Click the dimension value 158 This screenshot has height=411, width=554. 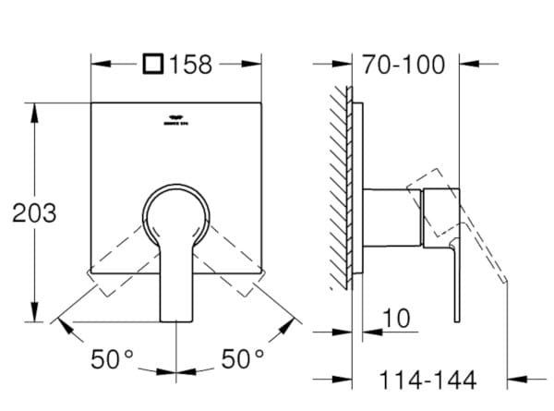(192, 65)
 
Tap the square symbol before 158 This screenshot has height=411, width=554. (154, 65)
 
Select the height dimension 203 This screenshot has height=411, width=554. (34, 212)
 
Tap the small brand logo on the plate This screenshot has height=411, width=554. (175, 118)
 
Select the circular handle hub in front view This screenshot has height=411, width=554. (175, 212)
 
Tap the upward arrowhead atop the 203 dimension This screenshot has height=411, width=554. (35, 110)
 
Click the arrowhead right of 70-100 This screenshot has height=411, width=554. (466, 65)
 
